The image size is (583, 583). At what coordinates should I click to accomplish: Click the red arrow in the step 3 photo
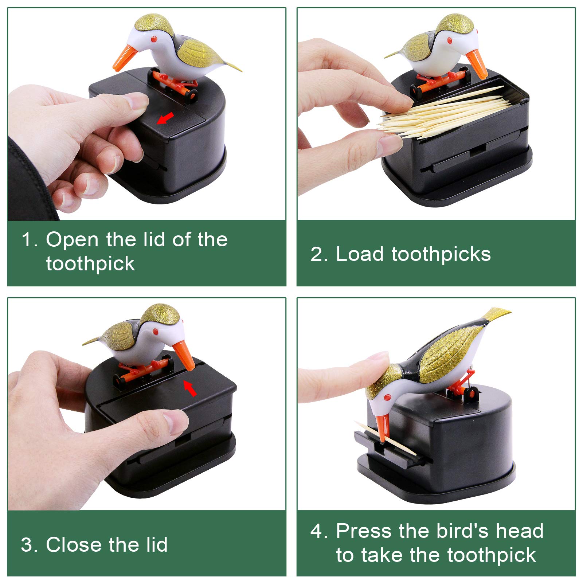[x=190, y=388]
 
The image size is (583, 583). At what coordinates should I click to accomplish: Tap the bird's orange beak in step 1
[x=125, y=58]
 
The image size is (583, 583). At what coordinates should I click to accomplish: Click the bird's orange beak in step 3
[x=184, y=356]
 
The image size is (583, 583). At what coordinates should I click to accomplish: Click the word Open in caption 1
[x=72, y=240]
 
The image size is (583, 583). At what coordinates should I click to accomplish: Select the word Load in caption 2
[x=359, y=254]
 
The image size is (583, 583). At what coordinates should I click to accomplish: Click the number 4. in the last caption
[x=319, y=531]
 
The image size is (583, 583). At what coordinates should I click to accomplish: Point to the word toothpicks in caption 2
[x=441, y=255]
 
